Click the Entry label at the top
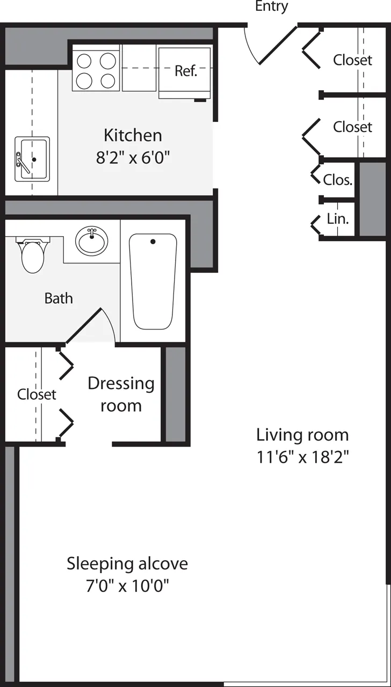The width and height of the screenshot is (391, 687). pos(271,6)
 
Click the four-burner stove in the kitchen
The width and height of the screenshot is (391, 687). pos(96,70)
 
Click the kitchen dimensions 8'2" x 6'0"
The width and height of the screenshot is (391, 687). pos(133,158)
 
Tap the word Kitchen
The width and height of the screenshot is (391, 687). pos(133,135)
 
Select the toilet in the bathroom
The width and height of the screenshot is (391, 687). pos(32,254)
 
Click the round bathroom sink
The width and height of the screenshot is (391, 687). pos(91,241)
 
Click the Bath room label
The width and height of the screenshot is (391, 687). pos(59,298)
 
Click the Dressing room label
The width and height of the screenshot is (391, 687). pos(121,394)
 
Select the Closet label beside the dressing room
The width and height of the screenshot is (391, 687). pos(37,394)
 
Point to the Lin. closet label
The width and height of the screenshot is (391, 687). pos(338,219)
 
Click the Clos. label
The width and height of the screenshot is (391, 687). pos(338,180)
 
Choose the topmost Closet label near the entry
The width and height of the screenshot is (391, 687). pos(352,60)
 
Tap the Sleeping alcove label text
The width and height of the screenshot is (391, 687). pos(127,564)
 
